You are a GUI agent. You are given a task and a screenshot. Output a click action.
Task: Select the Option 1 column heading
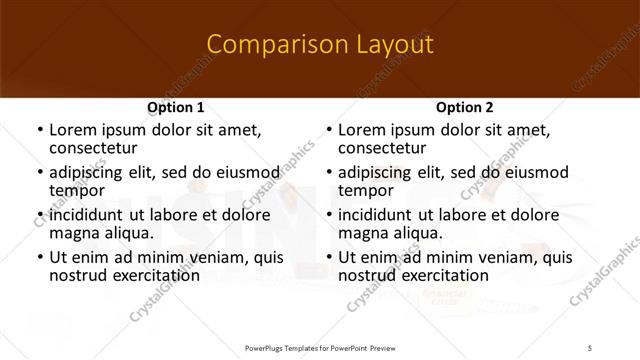[x=176, y=107]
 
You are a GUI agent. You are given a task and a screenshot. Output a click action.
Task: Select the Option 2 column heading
[x=465, y=107]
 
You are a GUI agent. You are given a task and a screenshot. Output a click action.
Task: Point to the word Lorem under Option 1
[x=72, y=130]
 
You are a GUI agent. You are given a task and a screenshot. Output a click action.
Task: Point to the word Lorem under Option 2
[x=361, y=130]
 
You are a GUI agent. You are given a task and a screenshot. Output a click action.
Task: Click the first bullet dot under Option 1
[x=39, y=131]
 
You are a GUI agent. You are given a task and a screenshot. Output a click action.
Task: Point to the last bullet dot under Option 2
[x=328, y=258]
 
